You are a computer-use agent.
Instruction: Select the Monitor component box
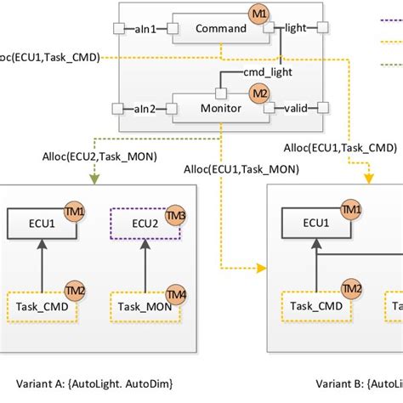pyautogui.click(x=219, y=108)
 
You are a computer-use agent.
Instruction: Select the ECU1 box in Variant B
pyautogui.click(x=316, y=223)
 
